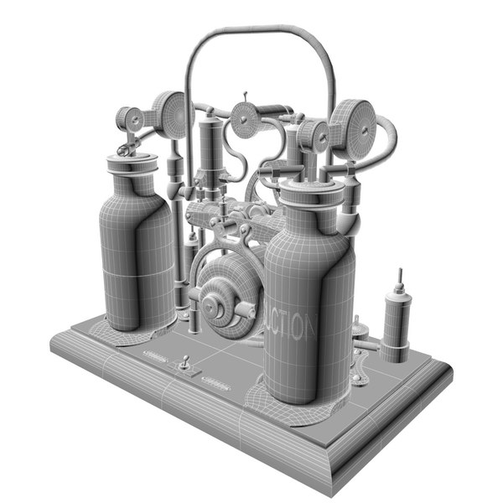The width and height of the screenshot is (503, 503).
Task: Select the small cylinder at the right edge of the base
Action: pos(397,323)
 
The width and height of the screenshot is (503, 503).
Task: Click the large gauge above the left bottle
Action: pos(171,115)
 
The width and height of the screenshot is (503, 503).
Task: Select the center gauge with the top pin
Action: pos(246,120)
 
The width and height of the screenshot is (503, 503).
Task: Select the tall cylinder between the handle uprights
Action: pos(209,147)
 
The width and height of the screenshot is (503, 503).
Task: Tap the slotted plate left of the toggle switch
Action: pos(156,358)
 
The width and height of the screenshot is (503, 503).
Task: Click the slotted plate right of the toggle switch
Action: pos(217,384)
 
